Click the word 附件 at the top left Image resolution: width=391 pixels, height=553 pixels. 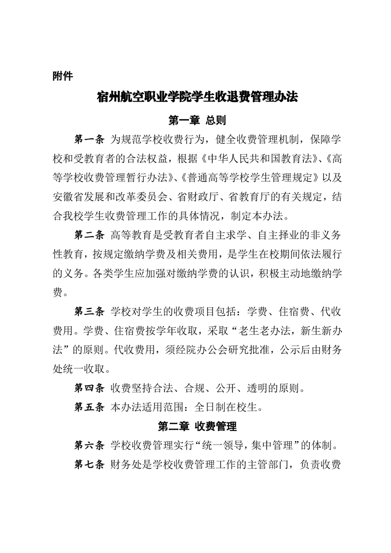(x=63, y=76)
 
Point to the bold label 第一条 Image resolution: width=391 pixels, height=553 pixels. (x=89, y=139)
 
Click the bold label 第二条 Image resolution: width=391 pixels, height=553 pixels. (x=89, y=235)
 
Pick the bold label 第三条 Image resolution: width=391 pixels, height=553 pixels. (x=89, y=311)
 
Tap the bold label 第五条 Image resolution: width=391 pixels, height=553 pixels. (x=89, y=408)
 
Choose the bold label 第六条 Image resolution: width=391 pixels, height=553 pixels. (x=89, y=446)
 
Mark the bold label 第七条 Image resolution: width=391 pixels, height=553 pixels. (x=89, y=465)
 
